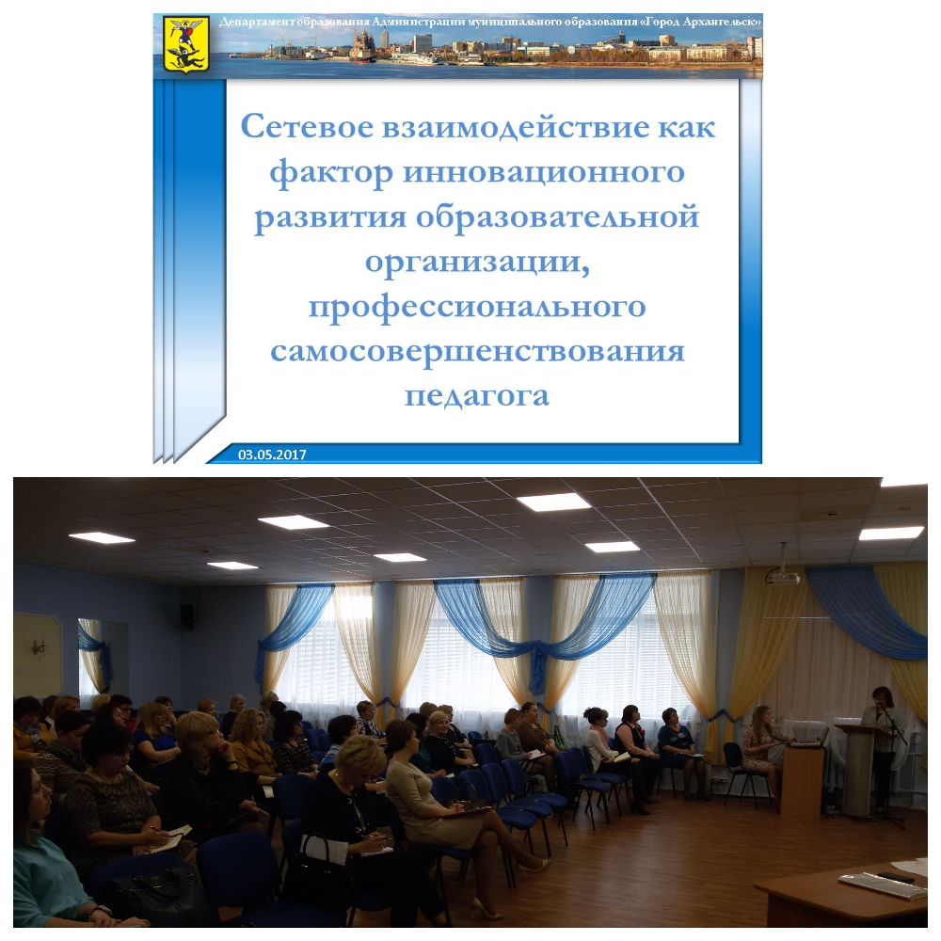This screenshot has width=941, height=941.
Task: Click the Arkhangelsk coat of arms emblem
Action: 186,44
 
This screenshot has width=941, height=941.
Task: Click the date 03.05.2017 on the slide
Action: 272,455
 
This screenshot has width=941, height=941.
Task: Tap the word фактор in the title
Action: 330,173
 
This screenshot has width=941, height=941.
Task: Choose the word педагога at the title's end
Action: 477,397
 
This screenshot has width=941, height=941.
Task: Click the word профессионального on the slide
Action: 477,308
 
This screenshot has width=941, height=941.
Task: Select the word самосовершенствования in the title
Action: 477,351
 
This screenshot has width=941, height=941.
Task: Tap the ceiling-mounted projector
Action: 785,578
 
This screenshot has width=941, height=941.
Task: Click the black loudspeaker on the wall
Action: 187,617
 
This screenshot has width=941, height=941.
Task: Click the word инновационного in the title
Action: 544,173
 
